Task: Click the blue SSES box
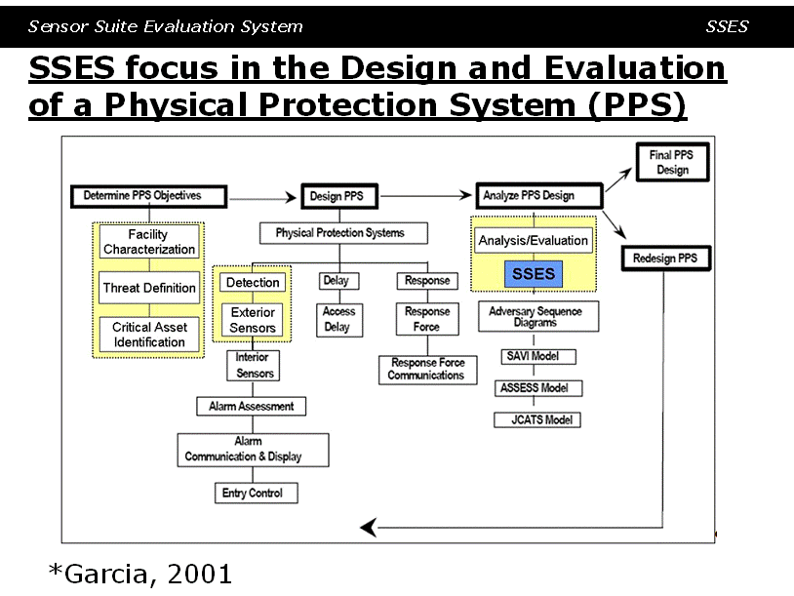[x=534, y=274]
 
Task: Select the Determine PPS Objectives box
[x=149, y=196]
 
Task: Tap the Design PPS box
[x=339, y=196]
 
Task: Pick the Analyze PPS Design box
[x=539, y=195]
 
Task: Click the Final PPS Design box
[x=672, y=162]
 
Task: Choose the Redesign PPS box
[x=666, y=258]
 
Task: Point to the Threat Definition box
[x=149, y=288]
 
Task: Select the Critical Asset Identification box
[x=149, y=335]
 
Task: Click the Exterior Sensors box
[x=253, y=320]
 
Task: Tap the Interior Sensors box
[x=254, y=366]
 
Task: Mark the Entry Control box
[x=257, y=493]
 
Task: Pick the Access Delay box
[x=339, y=320]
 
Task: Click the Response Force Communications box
[x=428, y=370]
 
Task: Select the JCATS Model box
[x=537, y=419]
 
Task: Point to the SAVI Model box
[x=537, y=356]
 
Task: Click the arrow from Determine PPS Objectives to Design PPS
[x=262, y=197]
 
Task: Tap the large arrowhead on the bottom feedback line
[x=369, y=527]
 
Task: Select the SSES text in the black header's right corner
[x=727, y=26]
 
